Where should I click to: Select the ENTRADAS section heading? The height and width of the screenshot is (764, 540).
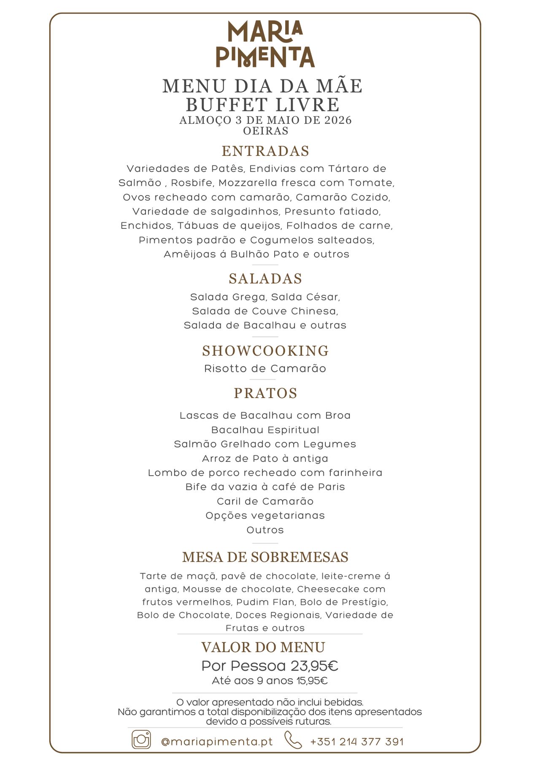(265, 151)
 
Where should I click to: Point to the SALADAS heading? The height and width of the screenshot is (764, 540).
(265, 279)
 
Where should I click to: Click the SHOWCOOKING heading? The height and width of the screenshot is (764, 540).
(265, 351)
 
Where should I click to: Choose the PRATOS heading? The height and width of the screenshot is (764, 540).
(265, 393)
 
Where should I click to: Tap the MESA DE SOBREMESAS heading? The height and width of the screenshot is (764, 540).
(265, 557)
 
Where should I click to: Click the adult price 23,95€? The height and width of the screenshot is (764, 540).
(314, 666)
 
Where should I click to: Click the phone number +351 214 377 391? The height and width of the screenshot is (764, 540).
(357, 742)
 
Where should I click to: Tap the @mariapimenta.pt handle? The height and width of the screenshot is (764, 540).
(217, 742)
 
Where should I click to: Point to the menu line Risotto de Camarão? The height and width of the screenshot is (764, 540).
(265, 368)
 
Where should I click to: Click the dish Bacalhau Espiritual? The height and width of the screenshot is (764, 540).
(265, 430)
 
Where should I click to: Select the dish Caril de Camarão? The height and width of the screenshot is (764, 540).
(265, 501)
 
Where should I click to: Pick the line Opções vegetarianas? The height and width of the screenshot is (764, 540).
(265, 515)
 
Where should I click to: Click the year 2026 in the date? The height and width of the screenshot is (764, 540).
(338, 120)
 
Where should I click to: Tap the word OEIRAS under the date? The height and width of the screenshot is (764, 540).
(265, 131)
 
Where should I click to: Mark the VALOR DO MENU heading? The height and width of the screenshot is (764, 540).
(263, 648)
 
